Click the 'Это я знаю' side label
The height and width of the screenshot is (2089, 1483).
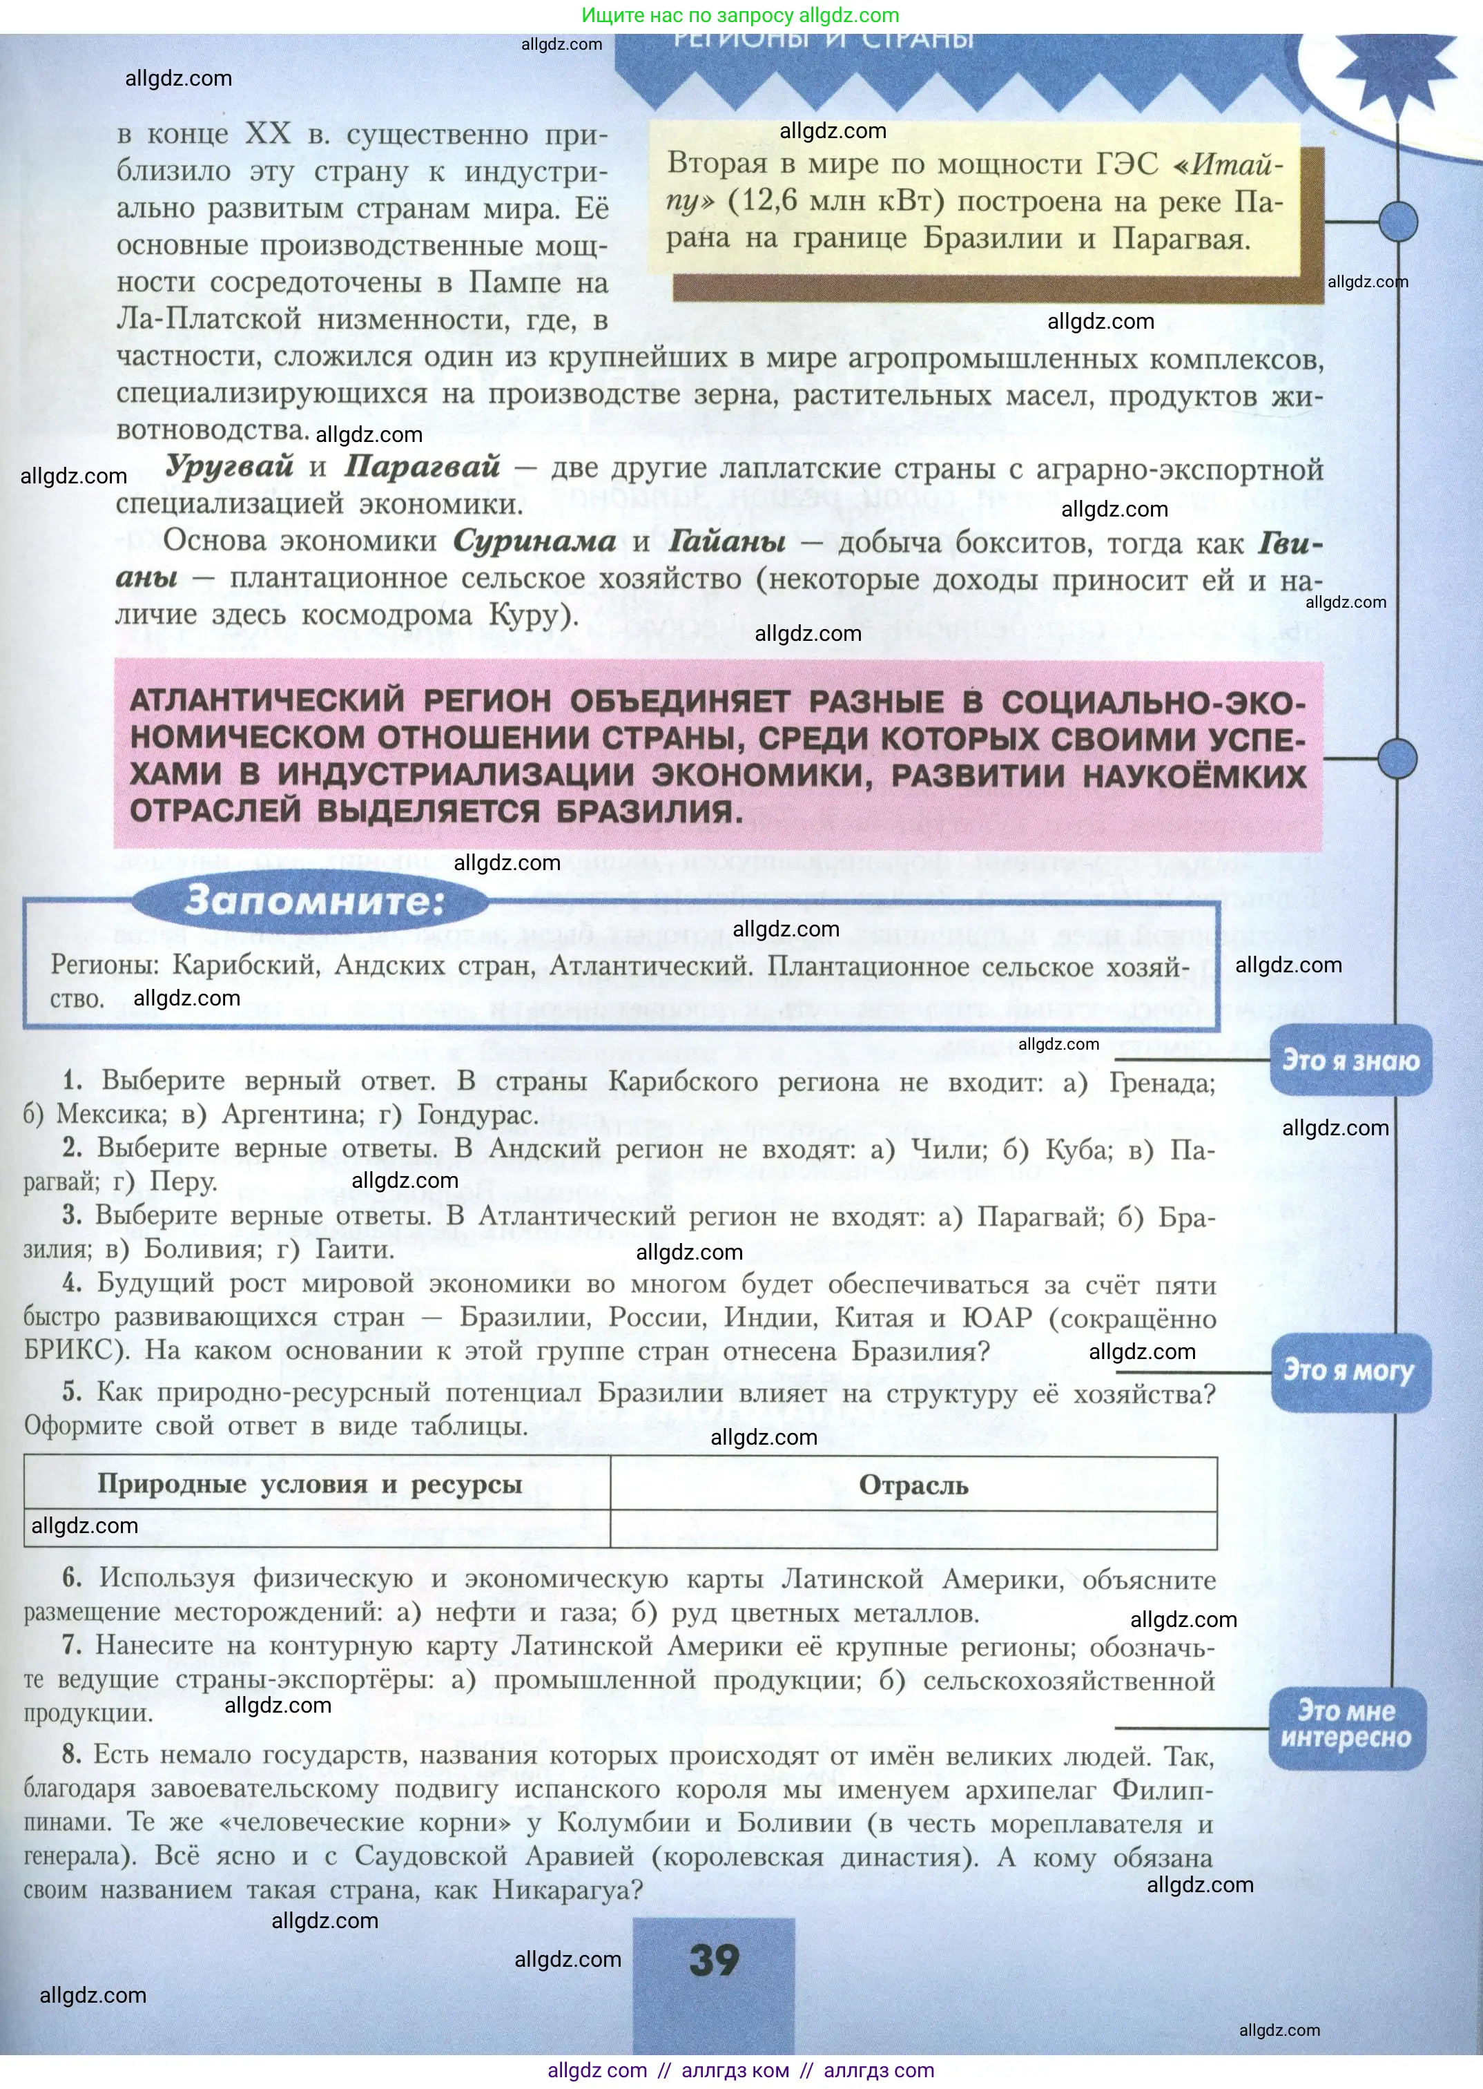pyautogui.click(x=1350, y=1061)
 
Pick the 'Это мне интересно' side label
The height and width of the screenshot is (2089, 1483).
pyautogui.click(x=1346, y=1724)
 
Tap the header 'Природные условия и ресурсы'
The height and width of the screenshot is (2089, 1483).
pyautogui.click(x=309, y=1483)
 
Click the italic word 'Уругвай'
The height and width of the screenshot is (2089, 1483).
pyautogui.click(x=229, y=466)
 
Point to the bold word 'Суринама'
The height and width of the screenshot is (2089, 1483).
pyautogui.click(x=534, y=541)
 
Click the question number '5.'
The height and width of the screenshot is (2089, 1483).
pyautogui.click(x=72, y=1392)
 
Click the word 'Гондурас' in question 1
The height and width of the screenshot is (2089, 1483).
pyautogui.click(x=474, y=1115)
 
